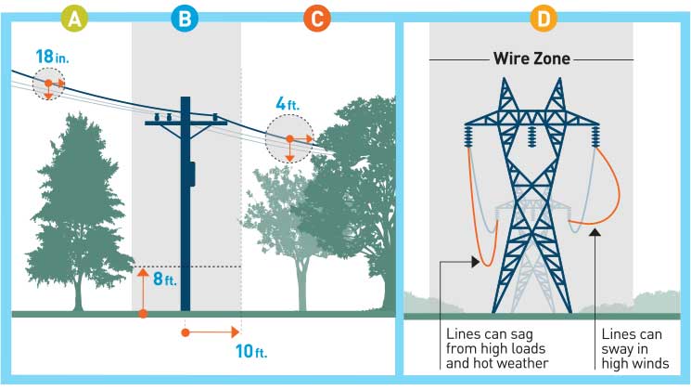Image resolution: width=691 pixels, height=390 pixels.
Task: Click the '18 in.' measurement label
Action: pos(52,57)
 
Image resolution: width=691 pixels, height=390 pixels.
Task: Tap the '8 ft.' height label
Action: pos(163,278)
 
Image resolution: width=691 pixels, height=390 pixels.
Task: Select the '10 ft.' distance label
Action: pos(251,353)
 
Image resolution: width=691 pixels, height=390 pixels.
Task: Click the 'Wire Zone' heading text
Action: pos(531,59)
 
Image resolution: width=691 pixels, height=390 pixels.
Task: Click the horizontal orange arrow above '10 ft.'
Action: pos(212,331)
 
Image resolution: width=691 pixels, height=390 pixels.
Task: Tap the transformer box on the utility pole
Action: pos(191,174)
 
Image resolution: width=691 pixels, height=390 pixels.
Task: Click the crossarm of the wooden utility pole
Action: pos(186,121)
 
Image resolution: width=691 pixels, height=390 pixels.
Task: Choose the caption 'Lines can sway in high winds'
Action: pos(635,347)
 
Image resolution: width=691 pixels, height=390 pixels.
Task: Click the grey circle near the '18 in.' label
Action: pos(50,84)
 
